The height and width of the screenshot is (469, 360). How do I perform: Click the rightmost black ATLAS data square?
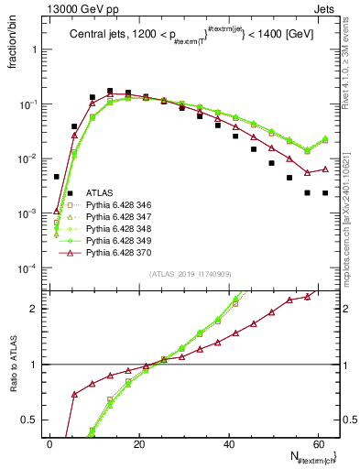324,192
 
